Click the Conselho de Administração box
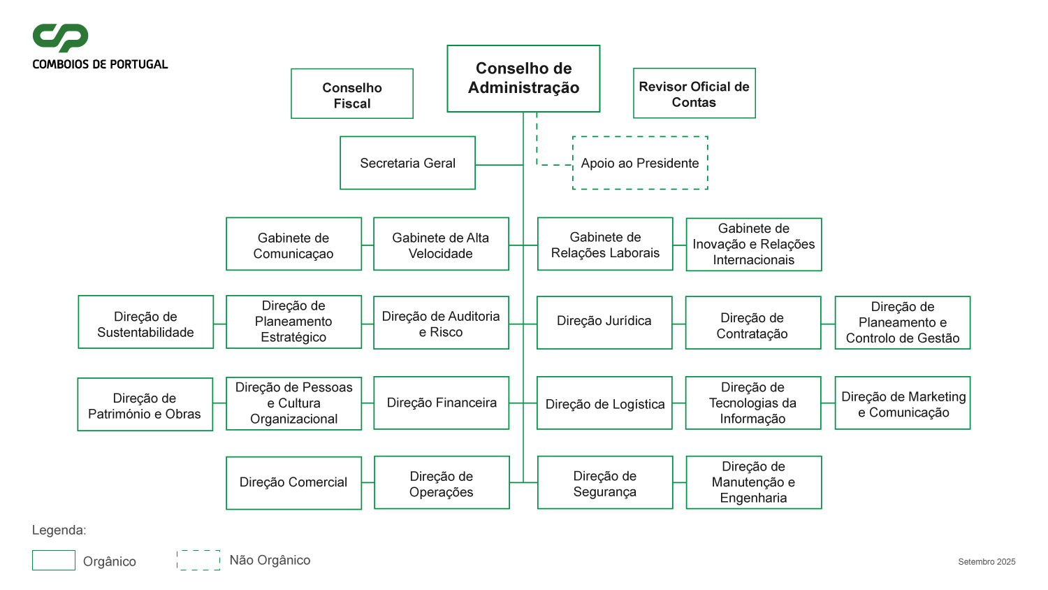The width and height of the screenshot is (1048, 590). coord(523,78)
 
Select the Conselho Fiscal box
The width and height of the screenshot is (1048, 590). coord(352,94)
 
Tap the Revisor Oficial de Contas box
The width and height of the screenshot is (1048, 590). coord(694,94)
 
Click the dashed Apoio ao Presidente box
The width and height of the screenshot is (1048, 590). coord(640,163)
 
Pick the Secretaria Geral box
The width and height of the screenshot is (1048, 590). coord(407,163)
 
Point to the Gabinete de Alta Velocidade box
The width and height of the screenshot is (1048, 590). coord(441,244)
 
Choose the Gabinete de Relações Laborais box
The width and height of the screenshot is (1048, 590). coord(605,244)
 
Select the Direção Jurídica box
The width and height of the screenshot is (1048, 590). coord(604,322)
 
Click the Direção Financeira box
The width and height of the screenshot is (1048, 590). coord(442,403)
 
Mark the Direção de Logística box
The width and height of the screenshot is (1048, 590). coord(604,403)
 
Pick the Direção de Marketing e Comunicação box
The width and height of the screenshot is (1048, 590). coord(903,403)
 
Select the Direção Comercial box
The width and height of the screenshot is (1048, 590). coord(293,483)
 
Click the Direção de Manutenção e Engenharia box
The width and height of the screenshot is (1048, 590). coord(753,482)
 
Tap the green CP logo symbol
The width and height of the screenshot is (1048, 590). coord(61,38)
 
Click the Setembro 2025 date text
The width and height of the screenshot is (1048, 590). coord(987,562)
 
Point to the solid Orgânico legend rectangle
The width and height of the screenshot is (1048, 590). coord(54,561)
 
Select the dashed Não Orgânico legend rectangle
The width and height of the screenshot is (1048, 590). coord(198,560)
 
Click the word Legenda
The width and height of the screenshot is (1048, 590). coord(59,531)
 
